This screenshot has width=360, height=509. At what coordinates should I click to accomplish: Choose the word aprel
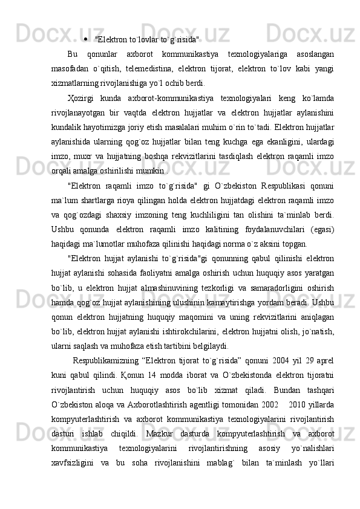point(324,360)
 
